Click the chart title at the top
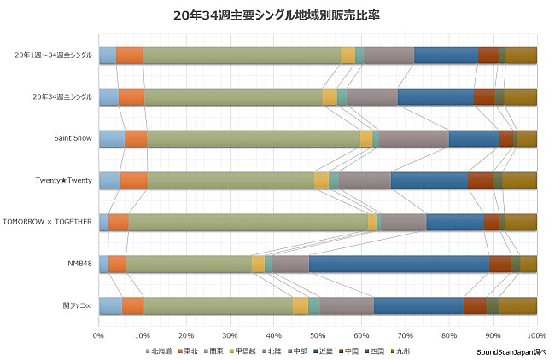[277, 15]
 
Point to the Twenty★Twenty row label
[63, 180]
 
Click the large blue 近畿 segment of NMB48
[399, 264]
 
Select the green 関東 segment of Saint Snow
[253, 139]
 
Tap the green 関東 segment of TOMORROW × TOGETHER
[248, 222]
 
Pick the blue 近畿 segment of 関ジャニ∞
[418, 305]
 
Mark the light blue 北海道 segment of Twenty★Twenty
[109, 180]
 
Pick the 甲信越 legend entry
[248, 351]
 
